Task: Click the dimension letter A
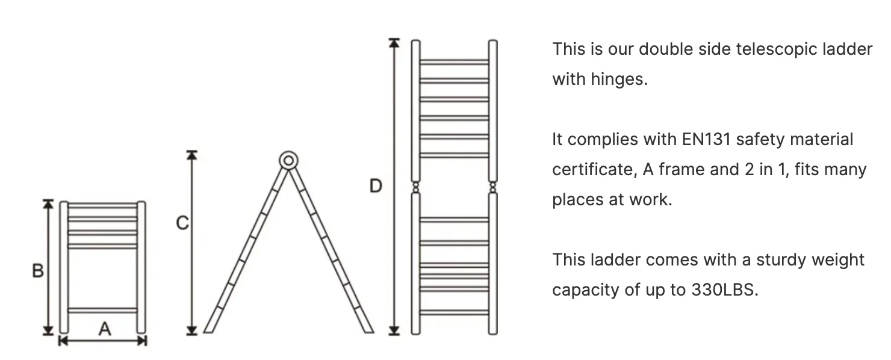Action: (105, 329)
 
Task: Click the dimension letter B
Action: (37, 272)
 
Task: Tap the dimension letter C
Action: (182, 223)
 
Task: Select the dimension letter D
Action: (376, 186)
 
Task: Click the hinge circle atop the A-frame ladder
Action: (288, 161)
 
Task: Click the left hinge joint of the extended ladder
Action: (415, 187)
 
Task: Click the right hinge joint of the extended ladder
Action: (492, 187)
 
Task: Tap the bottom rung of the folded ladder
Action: (103, 311)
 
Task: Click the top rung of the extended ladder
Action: (454, 62)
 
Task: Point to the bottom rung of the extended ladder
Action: (454, 312)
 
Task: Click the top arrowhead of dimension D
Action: (394, 43)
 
